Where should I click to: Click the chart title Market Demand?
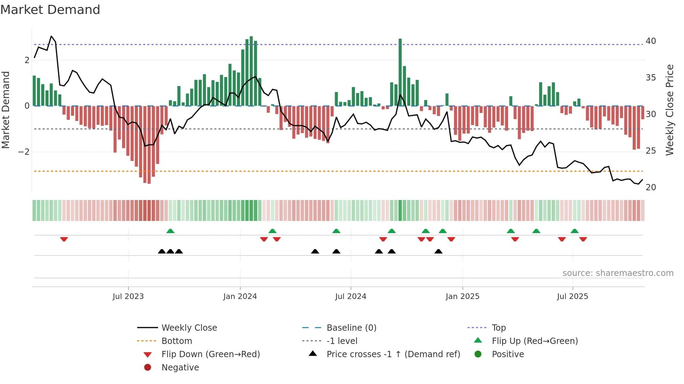(50, 10)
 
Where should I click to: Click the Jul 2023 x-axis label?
(128, 297)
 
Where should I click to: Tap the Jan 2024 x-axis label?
(240, 297)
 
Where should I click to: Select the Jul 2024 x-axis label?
(351, 297)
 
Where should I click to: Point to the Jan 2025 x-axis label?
(462, 297)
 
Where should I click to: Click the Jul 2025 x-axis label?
(572, 297)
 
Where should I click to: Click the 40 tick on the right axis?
(650, 41)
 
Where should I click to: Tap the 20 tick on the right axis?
(650, 187)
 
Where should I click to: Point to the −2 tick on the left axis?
(24, 152)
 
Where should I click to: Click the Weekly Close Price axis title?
(669, 110)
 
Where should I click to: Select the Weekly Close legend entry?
(189, 328)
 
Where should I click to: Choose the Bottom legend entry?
(177, 341)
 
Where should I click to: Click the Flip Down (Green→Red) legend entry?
(210, 354)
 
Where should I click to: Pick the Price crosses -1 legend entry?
(393, 354)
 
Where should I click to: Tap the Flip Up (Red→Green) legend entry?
(535, 341)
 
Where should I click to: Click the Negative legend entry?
(180, 368)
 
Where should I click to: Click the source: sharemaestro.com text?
(618, 273)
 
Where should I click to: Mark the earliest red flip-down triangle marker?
(64, 239)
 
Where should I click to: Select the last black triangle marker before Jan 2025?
(438, 251)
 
